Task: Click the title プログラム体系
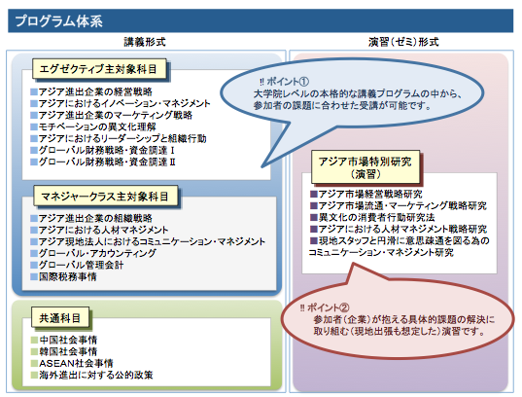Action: [59, 21]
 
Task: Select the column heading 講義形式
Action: [145, 42]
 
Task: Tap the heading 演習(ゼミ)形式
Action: [403, 42]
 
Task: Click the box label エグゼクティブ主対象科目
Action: [99, 69]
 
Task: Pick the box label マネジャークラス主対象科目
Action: [106, 196]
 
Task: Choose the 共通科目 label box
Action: [60, 317]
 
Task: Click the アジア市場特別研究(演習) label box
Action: [365, 167]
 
